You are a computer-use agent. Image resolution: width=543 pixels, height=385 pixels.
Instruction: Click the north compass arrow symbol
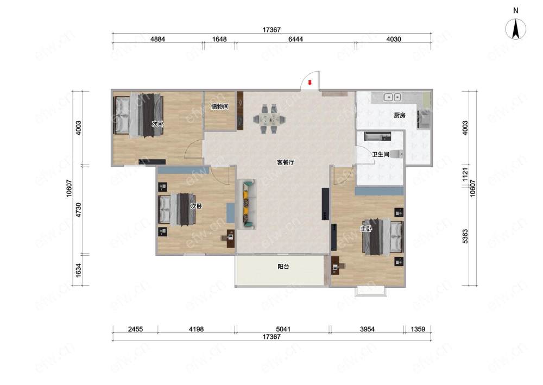click(x=515, y=29)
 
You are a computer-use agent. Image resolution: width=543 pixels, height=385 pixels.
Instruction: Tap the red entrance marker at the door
click(x=310, y=83)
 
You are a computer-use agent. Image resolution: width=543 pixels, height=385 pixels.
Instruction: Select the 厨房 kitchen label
click(x=400, y=115)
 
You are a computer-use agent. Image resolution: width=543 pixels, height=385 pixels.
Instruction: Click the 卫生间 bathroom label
click(x=381, y=154)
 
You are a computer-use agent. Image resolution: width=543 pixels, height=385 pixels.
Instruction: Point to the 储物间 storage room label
click(x=219, y=106)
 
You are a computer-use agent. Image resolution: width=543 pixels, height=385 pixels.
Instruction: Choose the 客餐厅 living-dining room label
click(x=286, y=162)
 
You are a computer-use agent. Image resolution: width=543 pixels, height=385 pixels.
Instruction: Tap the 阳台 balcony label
click(x=283, y=267)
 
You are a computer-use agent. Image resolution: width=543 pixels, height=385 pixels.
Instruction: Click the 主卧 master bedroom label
click(x=366, y=229)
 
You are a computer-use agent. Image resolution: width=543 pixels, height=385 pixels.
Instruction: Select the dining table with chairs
click(x=269, y=119)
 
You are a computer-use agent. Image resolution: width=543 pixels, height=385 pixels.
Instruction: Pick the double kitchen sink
click(x=393, y=97)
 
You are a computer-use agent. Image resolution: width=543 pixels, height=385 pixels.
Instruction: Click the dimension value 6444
click(x=295, y=39)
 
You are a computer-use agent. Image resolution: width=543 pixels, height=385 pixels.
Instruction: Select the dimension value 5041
click(x=283, y=329)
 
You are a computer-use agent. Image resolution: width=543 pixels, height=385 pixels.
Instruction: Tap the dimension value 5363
click(x=465, y=236)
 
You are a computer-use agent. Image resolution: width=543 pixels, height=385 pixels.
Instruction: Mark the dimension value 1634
click(x=79, y=270)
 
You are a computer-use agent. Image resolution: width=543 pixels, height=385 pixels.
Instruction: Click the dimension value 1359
click(x=418, y=329)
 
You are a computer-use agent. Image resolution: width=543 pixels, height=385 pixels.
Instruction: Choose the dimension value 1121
click(x=465, y=174)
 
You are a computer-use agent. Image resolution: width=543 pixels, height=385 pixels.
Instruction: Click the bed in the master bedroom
click(x=383, y=236)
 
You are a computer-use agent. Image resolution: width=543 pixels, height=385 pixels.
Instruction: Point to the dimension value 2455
click(x=135, y=329)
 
